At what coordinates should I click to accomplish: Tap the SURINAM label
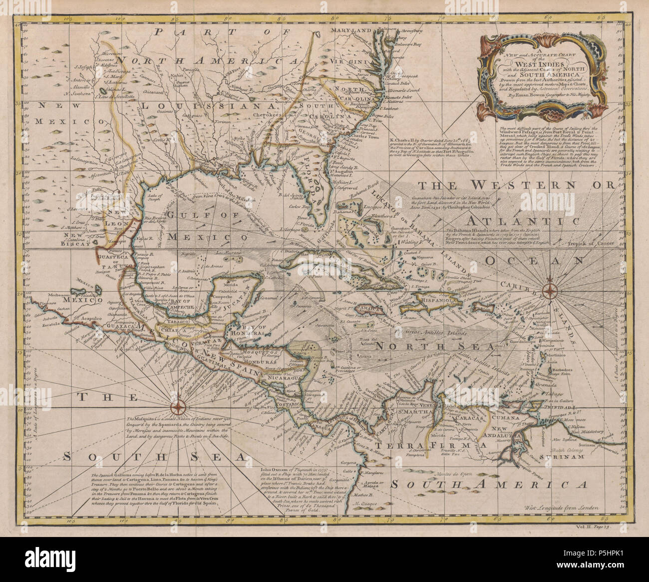[x=566, y=457]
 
